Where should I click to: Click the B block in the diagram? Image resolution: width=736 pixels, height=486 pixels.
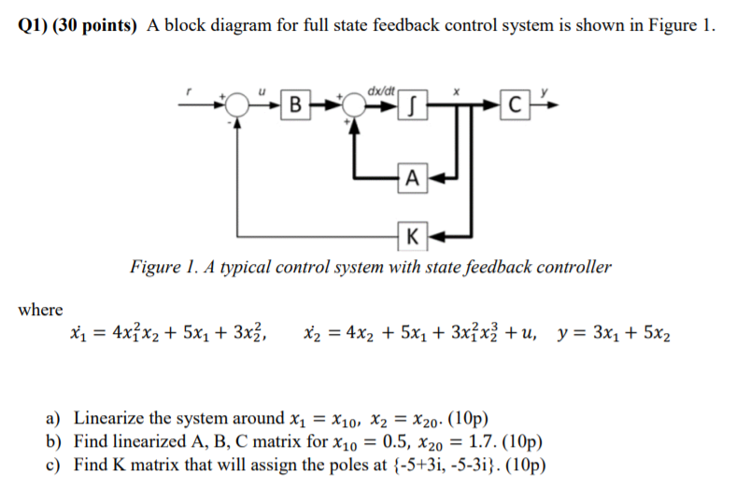(x=295, y=103)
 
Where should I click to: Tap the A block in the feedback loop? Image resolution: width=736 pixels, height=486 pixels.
(x=412, y=174)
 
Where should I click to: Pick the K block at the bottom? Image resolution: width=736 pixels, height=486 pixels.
(x=412, y=233)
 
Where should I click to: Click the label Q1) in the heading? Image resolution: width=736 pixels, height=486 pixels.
(x=33, y=26)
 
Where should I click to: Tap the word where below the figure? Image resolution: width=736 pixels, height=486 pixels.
(x=40, y=310)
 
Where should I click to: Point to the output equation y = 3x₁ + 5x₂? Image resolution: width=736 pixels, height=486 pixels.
(x=614, y=333)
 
